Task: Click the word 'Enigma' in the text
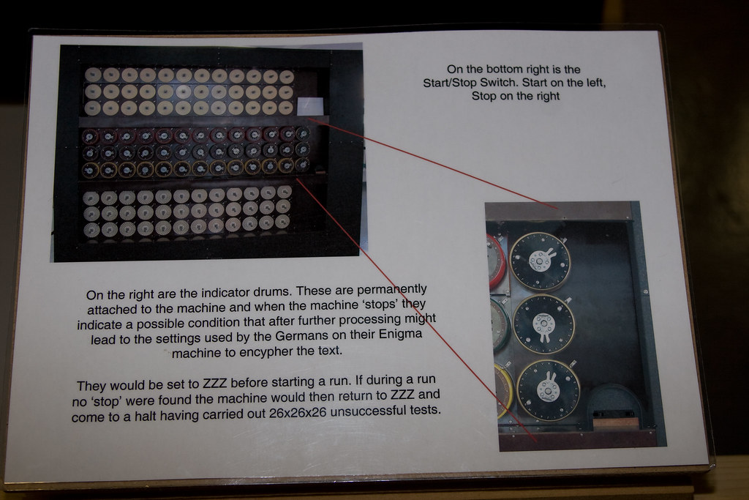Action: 400,334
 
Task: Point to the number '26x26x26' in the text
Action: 297,413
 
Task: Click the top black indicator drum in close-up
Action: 540,261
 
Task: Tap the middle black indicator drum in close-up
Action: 543,324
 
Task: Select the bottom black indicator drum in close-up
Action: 549,390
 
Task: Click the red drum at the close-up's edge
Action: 496,261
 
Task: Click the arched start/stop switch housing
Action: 614,406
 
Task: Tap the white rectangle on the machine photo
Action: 310,106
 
